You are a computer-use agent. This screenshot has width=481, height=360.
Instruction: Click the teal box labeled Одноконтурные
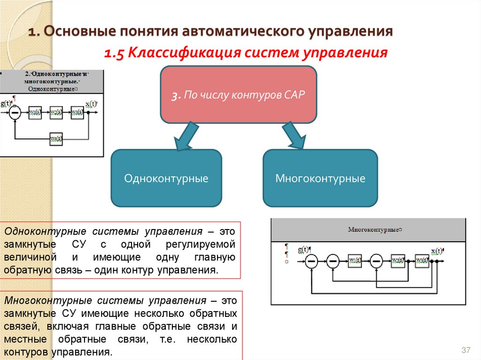[x=166, y=178]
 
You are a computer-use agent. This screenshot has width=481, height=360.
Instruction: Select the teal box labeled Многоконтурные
[x=320, y=178]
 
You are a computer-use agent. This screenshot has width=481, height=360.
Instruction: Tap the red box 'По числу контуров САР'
[x=239, y=94]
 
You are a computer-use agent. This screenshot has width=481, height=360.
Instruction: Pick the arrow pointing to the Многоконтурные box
[x=294, y=137]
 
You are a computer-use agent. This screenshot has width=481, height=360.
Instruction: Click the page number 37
[x=466, y=350]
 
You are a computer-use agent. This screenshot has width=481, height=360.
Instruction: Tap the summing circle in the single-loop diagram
[x=16, y=112]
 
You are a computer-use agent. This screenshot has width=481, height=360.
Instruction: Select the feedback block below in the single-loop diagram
[x=56, y=139]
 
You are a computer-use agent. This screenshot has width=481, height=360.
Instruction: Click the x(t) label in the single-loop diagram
[x=91, y=104]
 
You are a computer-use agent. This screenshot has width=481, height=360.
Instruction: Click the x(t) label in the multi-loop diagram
[x=436, y=250]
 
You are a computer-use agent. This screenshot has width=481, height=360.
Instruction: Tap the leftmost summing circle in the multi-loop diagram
[x=311, y=260]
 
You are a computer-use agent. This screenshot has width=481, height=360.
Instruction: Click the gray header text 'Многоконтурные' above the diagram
[x=373, y=230]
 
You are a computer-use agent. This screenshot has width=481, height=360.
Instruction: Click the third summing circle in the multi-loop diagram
[x=376, y=260]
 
